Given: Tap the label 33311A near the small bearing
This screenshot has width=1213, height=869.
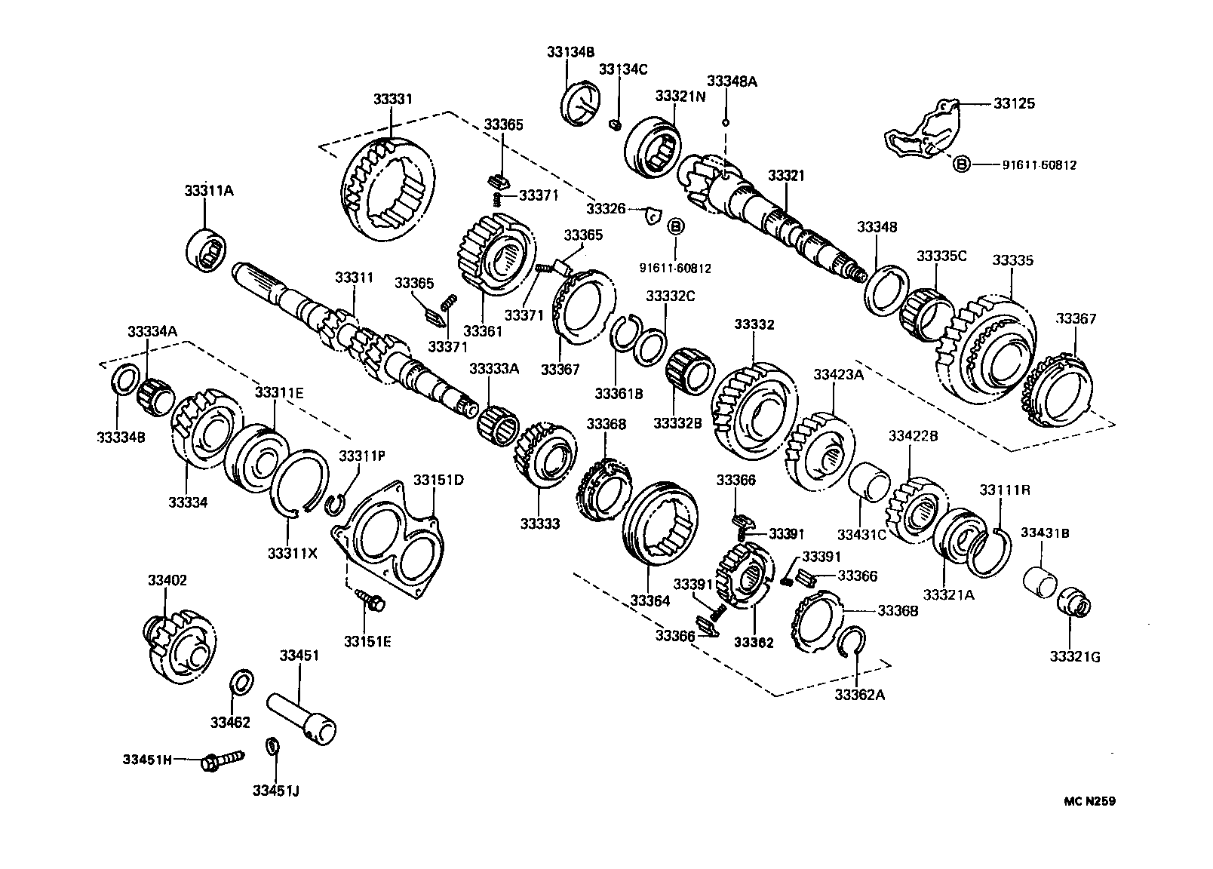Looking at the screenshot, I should pos(209,192).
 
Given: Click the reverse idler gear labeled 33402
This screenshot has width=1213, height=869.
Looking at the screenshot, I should pos(178,646).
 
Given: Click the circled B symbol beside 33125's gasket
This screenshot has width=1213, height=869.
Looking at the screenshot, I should pos(961,164).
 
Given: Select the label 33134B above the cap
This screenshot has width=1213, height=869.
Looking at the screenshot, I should pos(571,52).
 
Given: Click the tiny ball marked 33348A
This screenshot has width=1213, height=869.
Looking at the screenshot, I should pos(725,121).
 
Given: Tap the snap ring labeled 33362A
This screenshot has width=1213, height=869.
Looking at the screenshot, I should pos(855,640).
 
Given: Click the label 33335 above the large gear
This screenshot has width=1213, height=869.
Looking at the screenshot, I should pos(1012,260).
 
